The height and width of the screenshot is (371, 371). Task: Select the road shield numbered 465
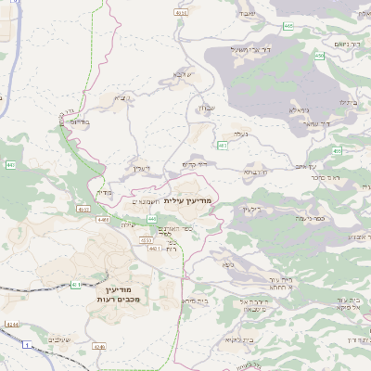[x=289, y=26]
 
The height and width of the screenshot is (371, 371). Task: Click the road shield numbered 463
[x=223, y=146]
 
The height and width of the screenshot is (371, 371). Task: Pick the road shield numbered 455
[x=336, y=150]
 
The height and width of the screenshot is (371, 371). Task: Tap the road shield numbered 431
[x=74, y=285]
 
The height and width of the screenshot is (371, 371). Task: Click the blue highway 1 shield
[x=28, y=346]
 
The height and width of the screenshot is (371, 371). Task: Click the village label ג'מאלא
[x=300, y=109]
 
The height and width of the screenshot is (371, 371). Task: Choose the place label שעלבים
[x=61, y=339]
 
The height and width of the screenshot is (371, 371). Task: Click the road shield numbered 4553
[x=146, y=239]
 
